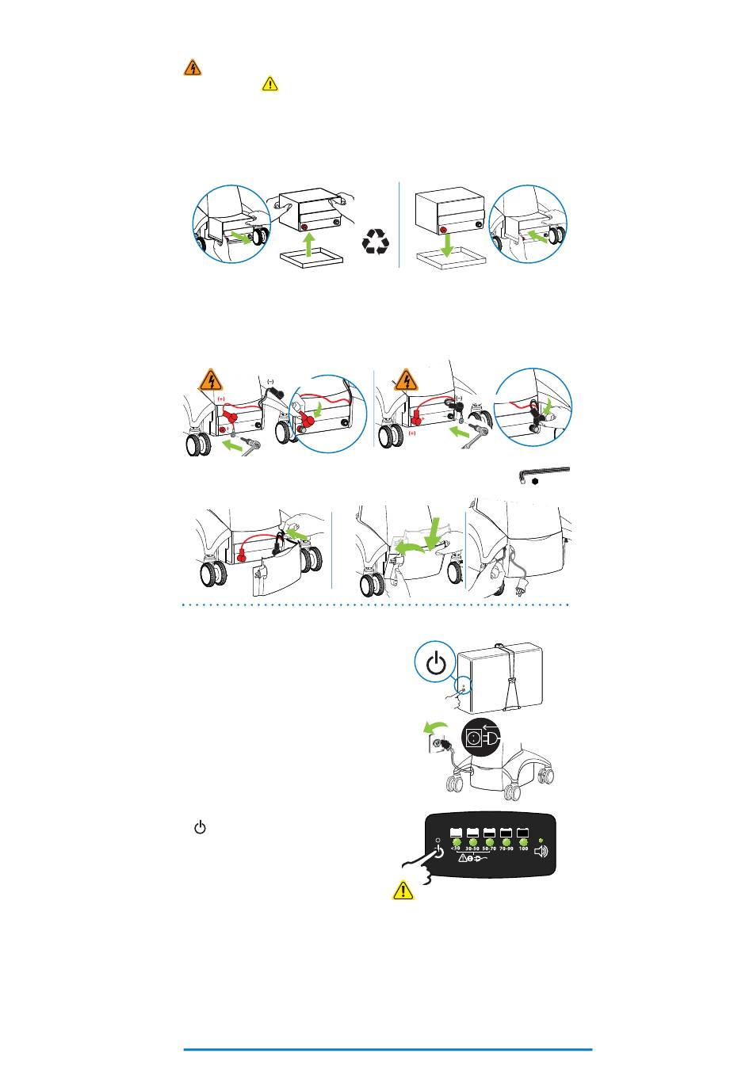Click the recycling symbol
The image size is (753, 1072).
tap(376, 241)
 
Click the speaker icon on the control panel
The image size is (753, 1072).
tap(541, 852)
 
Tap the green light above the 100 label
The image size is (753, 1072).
tap(523, 841)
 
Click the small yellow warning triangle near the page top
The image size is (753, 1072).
tap(270, 83)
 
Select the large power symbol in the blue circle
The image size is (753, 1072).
tap(436, 664)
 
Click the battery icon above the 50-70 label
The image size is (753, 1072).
tap(489, 832)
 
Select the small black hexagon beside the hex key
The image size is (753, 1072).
tap(536, 482)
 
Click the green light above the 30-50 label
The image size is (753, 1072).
tap(472, 841)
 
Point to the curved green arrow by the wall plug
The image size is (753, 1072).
tap(431, 727)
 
